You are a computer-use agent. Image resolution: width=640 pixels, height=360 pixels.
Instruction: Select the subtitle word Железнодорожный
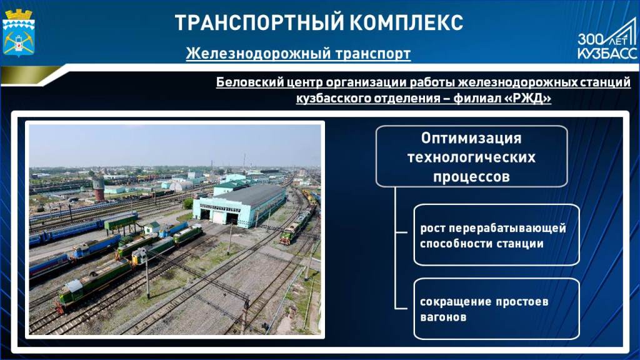[258, 54]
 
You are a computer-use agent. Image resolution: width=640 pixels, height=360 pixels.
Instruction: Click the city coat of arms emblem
[18, 32]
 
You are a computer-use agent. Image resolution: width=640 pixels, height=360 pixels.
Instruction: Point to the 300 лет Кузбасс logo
[607, 41]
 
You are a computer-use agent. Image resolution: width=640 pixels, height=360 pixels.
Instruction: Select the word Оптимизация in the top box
[471, 138]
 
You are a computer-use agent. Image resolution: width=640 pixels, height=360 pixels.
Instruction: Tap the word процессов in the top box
[471, 177]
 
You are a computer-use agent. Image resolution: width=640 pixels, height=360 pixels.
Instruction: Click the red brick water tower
[98, 189]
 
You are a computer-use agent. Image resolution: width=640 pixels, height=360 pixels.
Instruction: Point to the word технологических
[471, 157]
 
